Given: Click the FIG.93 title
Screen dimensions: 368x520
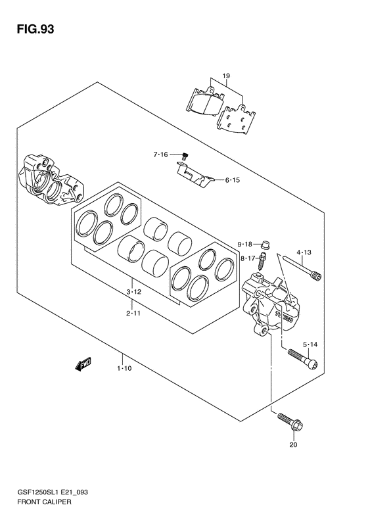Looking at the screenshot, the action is (35, 29).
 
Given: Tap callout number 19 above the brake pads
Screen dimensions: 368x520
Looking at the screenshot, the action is (226, 76).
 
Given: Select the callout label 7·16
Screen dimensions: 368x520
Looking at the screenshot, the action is (160, 154).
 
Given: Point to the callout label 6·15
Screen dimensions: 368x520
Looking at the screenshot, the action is (233, 180).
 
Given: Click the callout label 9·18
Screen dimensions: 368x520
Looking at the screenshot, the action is (244, 245).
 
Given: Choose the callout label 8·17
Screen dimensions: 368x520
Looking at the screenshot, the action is (248, 257).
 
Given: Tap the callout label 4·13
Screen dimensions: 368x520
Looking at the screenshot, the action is (304, 252).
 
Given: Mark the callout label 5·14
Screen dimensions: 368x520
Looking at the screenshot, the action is (310, 344).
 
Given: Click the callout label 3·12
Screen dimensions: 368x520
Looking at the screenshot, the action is (133, 292).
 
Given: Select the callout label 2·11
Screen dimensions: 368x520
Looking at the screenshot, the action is (133, 313).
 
